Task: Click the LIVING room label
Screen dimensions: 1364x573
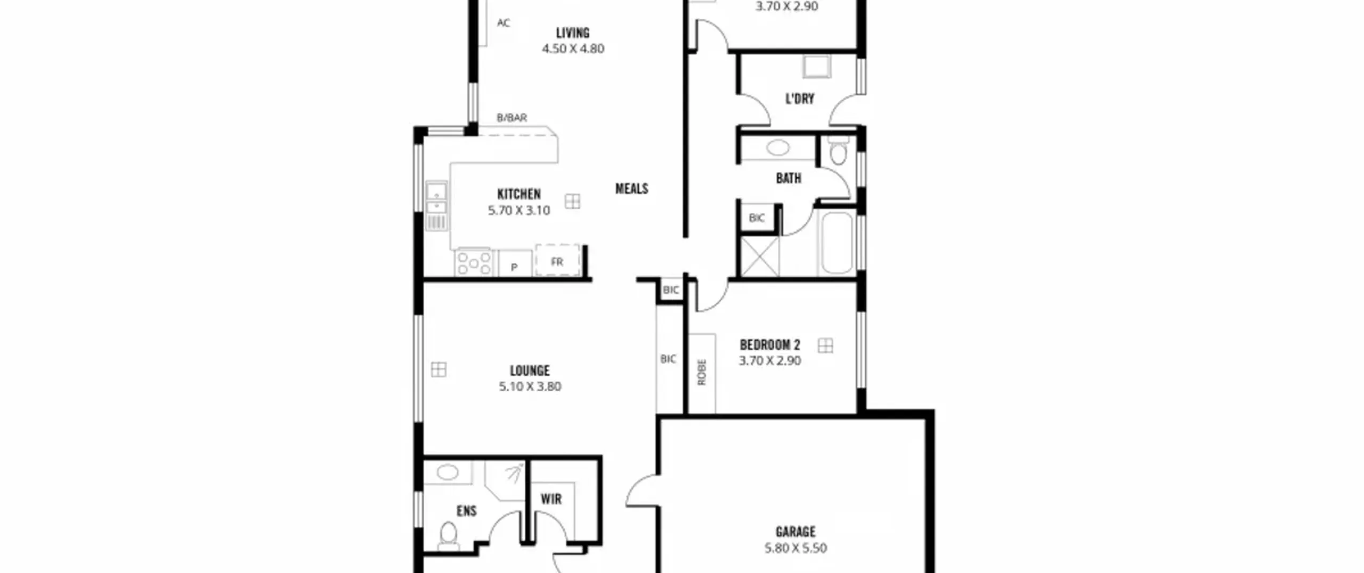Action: [573, 33]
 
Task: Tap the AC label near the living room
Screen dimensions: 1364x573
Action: [504, 23]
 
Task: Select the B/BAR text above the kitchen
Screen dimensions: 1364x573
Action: [512, 118]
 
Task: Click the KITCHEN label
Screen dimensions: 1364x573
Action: [519, 194]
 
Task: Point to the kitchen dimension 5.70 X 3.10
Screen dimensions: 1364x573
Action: [519, 211]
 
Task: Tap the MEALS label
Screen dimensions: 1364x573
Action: [632, 189]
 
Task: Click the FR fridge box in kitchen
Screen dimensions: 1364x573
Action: [557, 261]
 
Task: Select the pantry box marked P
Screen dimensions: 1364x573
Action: [515, 263]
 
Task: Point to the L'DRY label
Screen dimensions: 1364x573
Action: [800, 99]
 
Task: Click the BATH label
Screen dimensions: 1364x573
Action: [789, 178]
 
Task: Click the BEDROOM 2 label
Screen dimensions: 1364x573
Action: [770, 345]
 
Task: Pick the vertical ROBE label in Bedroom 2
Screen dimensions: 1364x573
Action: [702, 372]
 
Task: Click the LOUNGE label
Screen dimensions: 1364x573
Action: [530, 370]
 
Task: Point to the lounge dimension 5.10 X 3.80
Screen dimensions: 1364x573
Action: [530, 386]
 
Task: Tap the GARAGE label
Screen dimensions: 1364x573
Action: [795, 532]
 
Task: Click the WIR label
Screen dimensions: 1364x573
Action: [551, 499]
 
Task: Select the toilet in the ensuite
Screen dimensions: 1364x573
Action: [449, 535]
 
